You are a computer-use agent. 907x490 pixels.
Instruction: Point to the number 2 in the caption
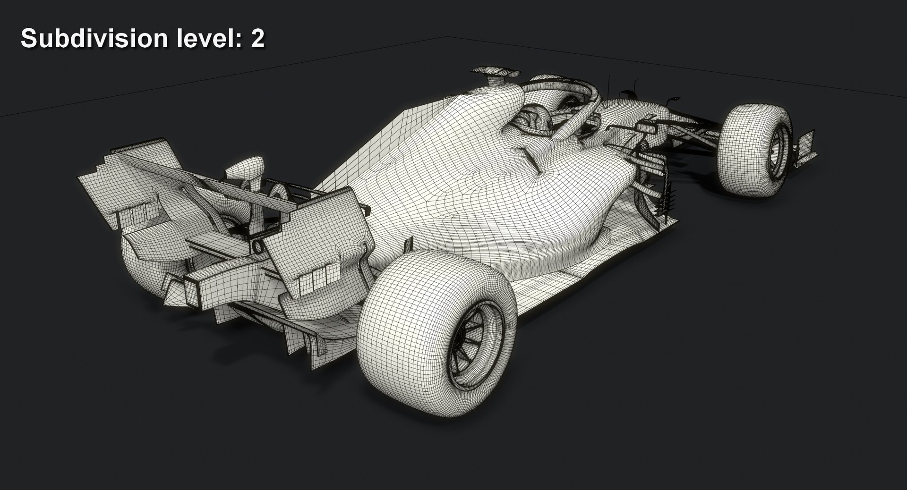pyautogui.click(x=257, y=39)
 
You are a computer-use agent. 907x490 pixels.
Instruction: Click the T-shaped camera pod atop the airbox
pyautogui.click(x=496, y=72)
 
